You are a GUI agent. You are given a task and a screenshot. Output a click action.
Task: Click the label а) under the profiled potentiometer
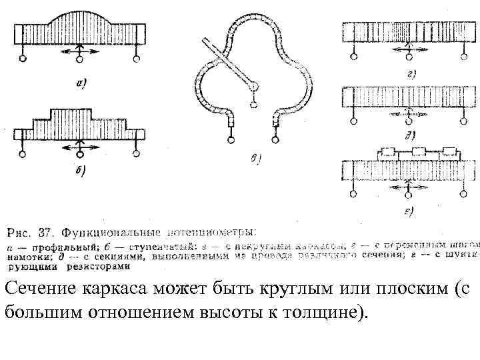pyautogui.click(x=81, y=83)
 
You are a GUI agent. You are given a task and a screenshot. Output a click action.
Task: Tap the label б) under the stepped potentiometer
pyautogui.click(x=79, y=171)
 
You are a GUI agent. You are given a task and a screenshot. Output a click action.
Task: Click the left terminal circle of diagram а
pyautogui.click(x=23, y=59)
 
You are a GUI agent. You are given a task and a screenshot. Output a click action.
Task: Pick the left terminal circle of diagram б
pyautogui.click(x=23, y=154)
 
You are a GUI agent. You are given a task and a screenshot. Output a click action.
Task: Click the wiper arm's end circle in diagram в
pyautogui.click(x=253, y=103)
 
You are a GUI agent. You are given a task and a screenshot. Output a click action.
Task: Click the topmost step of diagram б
pyautogui.click(x=80, y=111)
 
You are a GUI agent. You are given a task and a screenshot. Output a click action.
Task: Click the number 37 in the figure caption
pyautogui.click(x=45, y=233)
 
